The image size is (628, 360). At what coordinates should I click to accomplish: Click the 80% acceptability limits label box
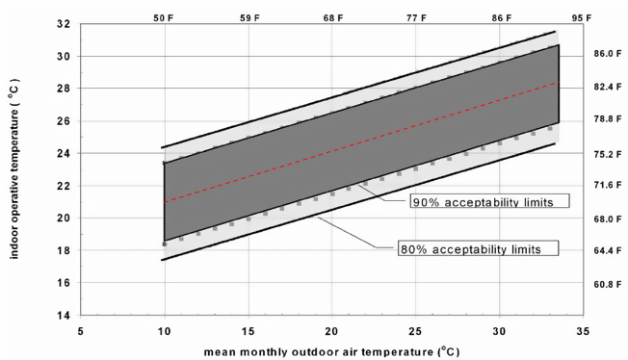click(479, 248)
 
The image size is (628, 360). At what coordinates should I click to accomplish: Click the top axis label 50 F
click(165, 17)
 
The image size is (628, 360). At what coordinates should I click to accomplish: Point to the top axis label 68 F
click(332, 17)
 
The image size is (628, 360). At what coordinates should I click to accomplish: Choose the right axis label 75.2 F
click(606, 153)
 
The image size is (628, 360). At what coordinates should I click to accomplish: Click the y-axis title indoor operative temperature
click(15, 169)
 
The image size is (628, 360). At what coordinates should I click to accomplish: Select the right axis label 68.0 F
click(606, 219)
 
